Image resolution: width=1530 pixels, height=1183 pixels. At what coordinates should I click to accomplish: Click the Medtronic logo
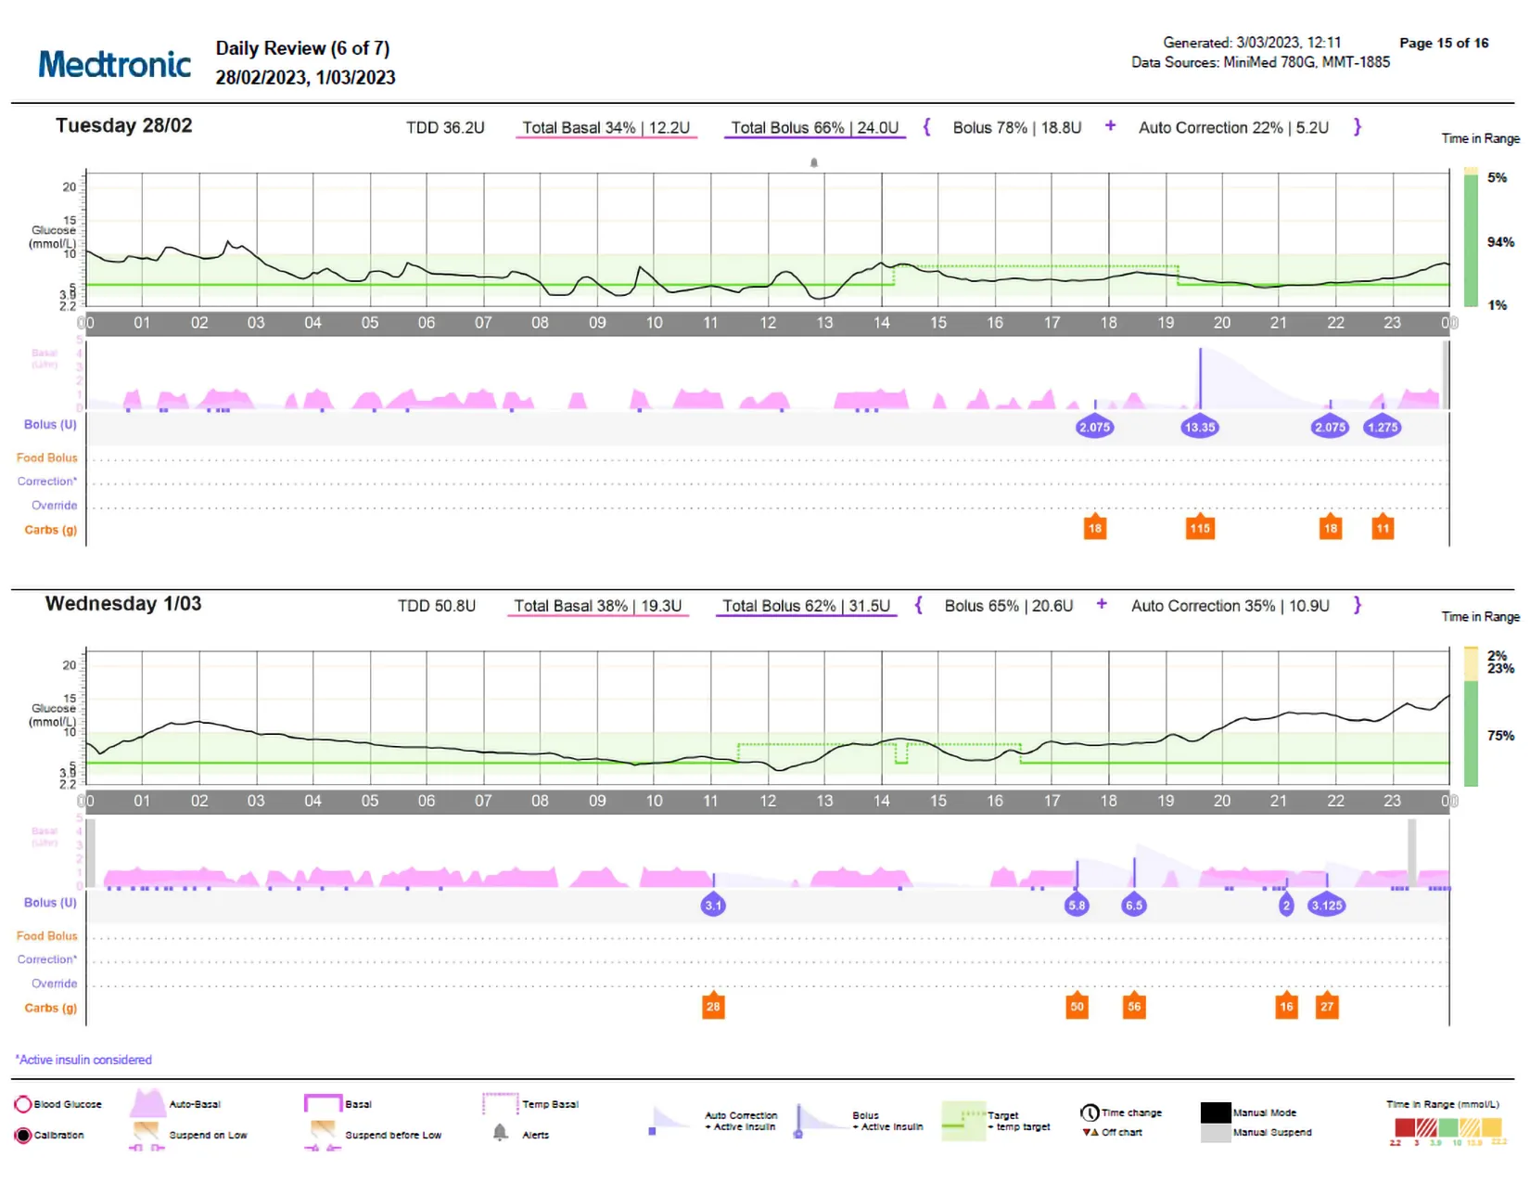114,64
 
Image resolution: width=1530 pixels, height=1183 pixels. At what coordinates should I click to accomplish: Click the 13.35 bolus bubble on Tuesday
1199,428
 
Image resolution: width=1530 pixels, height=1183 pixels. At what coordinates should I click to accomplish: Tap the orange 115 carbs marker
1200,528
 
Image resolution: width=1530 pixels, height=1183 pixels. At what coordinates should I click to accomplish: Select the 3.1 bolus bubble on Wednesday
712,906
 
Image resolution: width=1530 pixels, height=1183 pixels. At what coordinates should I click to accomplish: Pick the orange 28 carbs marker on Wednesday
712,1007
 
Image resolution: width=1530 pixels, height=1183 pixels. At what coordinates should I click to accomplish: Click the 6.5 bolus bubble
1133,906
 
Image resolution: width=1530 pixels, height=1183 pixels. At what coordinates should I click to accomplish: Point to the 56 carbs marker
1134,1007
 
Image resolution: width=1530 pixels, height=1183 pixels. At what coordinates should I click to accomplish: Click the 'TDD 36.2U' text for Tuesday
445,128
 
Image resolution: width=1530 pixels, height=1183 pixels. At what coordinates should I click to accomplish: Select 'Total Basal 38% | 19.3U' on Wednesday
597,606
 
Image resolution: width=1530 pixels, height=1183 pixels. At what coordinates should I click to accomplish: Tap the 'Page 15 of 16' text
1443,43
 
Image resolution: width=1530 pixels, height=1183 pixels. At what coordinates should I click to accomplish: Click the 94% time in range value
1499,242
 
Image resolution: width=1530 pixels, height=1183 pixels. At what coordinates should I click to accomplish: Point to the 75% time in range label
1499,736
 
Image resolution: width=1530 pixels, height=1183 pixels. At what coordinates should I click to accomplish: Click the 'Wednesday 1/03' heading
123,604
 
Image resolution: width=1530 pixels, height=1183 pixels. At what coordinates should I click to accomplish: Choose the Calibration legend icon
23,1136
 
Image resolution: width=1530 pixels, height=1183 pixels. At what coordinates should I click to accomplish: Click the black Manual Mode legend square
1215,1112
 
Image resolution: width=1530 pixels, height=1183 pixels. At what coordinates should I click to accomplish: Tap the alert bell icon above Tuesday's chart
814,162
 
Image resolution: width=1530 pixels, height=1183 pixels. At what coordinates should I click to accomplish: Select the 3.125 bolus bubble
1326,906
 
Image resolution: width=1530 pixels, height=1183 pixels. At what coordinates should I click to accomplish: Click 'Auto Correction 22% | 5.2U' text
1233,128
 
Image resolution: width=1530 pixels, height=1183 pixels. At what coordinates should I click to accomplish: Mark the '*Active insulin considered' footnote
83,1060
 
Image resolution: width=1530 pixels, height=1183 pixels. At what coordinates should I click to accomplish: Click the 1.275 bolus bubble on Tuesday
1382,428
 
